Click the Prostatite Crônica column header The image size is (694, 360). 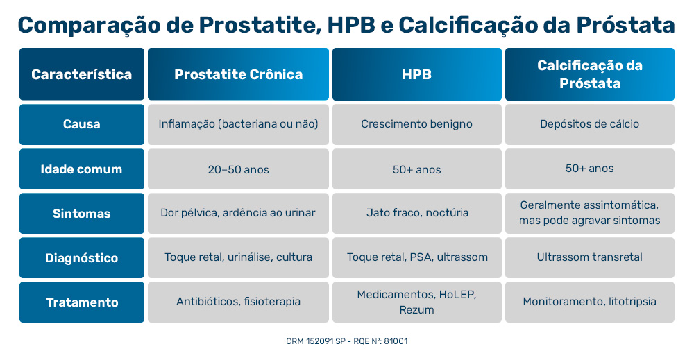pyautogui.click(x=238, y=74)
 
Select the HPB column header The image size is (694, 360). pyautogui.click(x=416, y=74)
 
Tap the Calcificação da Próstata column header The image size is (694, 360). pyautogui.click(x=589, y=74)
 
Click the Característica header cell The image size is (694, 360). pyautogui.click(x=82, y=74)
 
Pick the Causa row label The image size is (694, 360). pyautogui.click(x=82, y=124)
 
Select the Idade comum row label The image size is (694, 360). pyautogui.click(x=82, y=169)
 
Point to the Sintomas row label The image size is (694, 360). pyautogui.click(x=82, y=213)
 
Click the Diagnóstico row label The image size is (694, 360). pyautogui.click(x=82, y=257)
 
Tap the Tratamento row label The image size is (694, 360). pyautogui.click(x=82, y=302)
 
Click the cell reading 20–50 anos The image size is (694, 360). pyautogui.click(x=238, y=169)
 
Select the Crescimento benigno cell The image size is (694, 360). pyautogui.click(x=416, y=124)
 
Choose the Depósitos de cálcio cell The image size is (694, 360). pyautogui.click(x=589, y=124)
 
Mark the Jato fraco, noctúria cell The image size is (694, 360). pyautogui.click(x=416, y=213)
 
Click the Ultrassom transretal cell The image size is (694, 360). pyautogui.click(x=589, y=257)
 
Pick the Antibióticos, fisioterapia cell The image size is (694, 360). pyautogui.click(x=238, y=302)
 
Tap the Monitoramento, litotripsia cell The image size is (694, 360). pyautogui.click(x=589, y=302)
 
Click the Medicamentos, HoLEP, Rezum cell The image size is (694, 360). pyautogui.click(x=416, y=302)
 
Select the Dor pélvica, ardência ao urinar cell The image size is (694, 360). pyautogui.click(x=238, y=213)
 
